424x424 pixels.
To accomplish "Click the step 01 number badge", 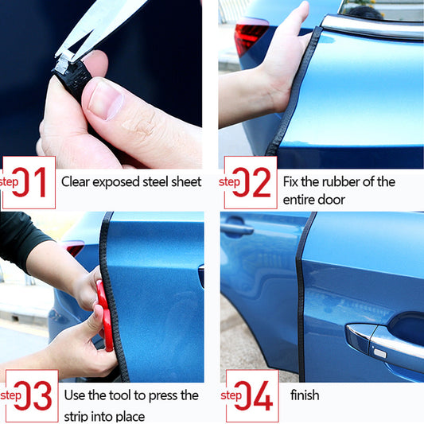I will click(29, 182).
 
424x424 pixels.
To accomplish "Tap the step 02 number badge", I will click(250, 182).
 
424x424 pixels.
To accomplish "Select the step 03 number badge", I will click(31, 395).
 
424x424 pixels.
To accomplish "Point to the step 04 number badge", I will click(252, 395).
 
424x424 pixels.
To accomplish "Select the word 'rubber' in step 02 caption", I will click(340, 181).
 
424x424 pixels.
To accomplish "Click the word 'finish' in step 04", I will click(305, 395).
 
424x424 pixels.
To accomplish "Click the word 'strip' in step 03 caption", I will click(79, 415).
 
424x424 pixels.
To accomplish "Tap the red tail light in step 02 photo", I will click(251, 35).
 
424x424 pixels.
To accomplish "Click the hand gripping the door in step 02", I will click(286, 56).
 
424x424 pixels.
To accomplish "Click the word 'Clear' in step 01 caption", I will click(78, 181).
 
